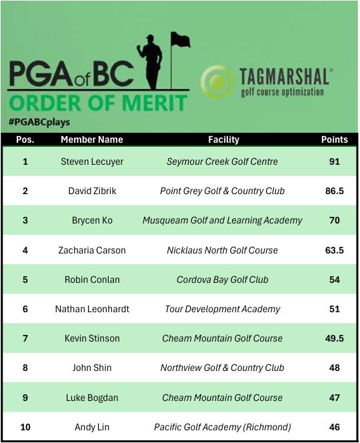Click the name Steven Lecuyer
(92, 161)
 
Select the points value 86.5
(334, 191)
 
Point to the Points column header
(334, 140)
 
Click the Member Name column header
(92, 140)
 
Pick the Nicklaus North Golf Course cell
(223, 250)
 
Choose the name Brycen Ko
(92, 220)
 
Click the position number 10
(25, 427)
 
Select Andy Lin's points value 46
(334, 427)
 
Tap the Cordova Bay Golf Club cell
(223, 280)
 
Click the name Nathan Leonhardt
(92, 309)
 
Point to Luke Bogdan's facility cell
(223, 398)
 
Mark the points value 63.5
(334, 250)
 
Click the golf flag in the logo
(180, 40)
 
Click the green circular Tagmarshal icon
(217, 82)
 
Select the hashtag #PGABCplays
(39, 122)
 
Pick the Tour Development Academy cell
(223, 309)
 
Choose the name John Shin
(92, 368)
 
